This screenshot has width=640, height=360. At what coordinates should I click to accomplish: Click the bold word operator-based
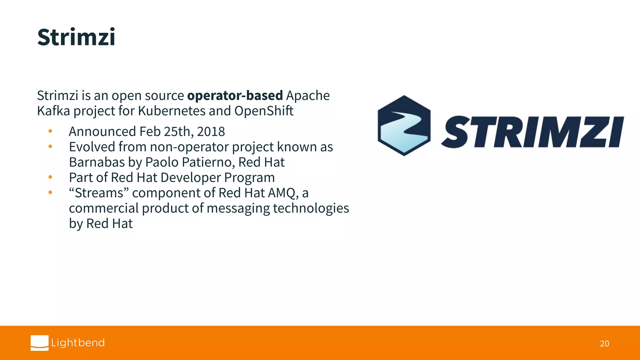click(x=235, y=96)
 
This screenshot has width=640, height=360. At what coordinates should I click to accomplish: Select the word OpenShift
click(x=264, y=111)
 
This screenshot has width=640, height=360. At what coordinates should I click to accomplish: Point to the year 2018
click(x=211, y=132)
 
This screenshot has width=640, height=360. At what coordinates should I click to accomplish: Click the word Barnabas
click(x=97, y=162)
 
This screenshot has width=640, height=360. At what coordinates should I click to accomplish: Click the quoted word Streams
click(x=99, y=193)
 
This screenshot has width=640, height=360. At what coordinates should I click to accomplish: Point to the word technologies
click(x=311, y=208)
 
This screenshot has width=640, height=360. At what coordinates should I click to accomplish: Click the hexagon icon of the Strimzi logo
click(x=404, y=126)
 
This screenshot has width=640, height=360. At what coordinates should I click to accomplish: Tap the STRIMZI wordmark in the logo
click(x=532, y=132)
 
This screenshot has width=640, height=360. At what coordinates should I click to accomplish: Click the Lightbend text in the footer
click(x=78, y=343)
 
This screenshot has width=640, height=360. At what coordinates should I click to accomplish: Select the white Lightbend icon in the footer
click(x=39, y=343)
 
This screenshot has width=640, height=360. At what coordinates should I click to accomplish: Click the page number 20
click(x=604, y=344)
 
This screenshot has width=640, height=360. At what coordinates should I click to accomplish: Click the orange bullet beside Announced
click(x=50, y=131)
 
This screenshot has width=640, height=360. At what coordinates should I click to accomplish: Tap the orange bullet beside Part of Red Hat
click(x=50, y=177)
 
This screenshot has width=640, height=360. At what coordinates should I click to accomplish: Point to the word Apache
click(x=308, y=96)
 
